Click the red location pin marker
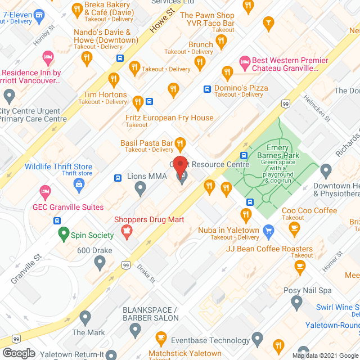click(180, 167)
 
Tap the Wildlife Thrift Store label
click(58, 166)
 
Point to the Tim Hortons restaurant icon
click(138, 102)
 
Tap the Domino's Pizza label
click(242, 88)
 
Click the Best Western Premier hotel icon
click(245, 61)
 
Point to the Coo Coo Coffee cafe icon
click(294, 227)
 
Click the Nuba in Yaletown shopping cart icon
click(269, 230)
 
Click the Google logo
click(19, 353)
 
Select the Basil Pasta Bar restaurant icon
click(181, 143)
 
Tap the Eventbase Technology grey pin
click(258, 339)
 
